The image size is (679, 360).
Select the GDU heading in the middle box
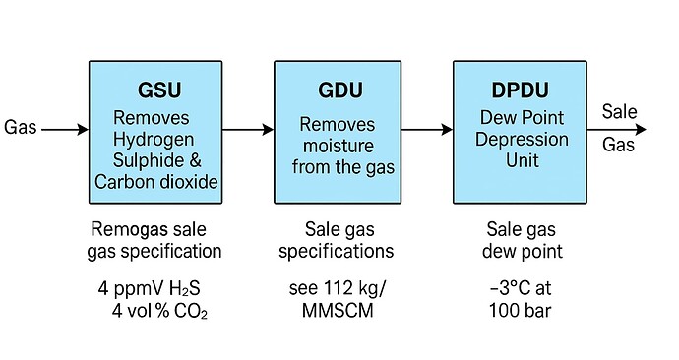click(341, 90)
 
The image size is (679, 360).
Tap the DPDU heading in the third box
click(522, 90)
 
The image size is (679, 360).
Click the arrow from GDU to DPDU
click(423, 129)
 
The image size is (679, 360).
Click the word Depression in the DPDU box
click(522, 138)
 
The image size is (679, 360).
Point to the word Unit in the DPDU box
click(522, 159)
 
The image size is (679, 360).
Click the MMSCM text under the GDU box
click(341, 313)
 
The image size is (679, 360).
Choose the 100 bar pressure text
click(523, 313)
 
